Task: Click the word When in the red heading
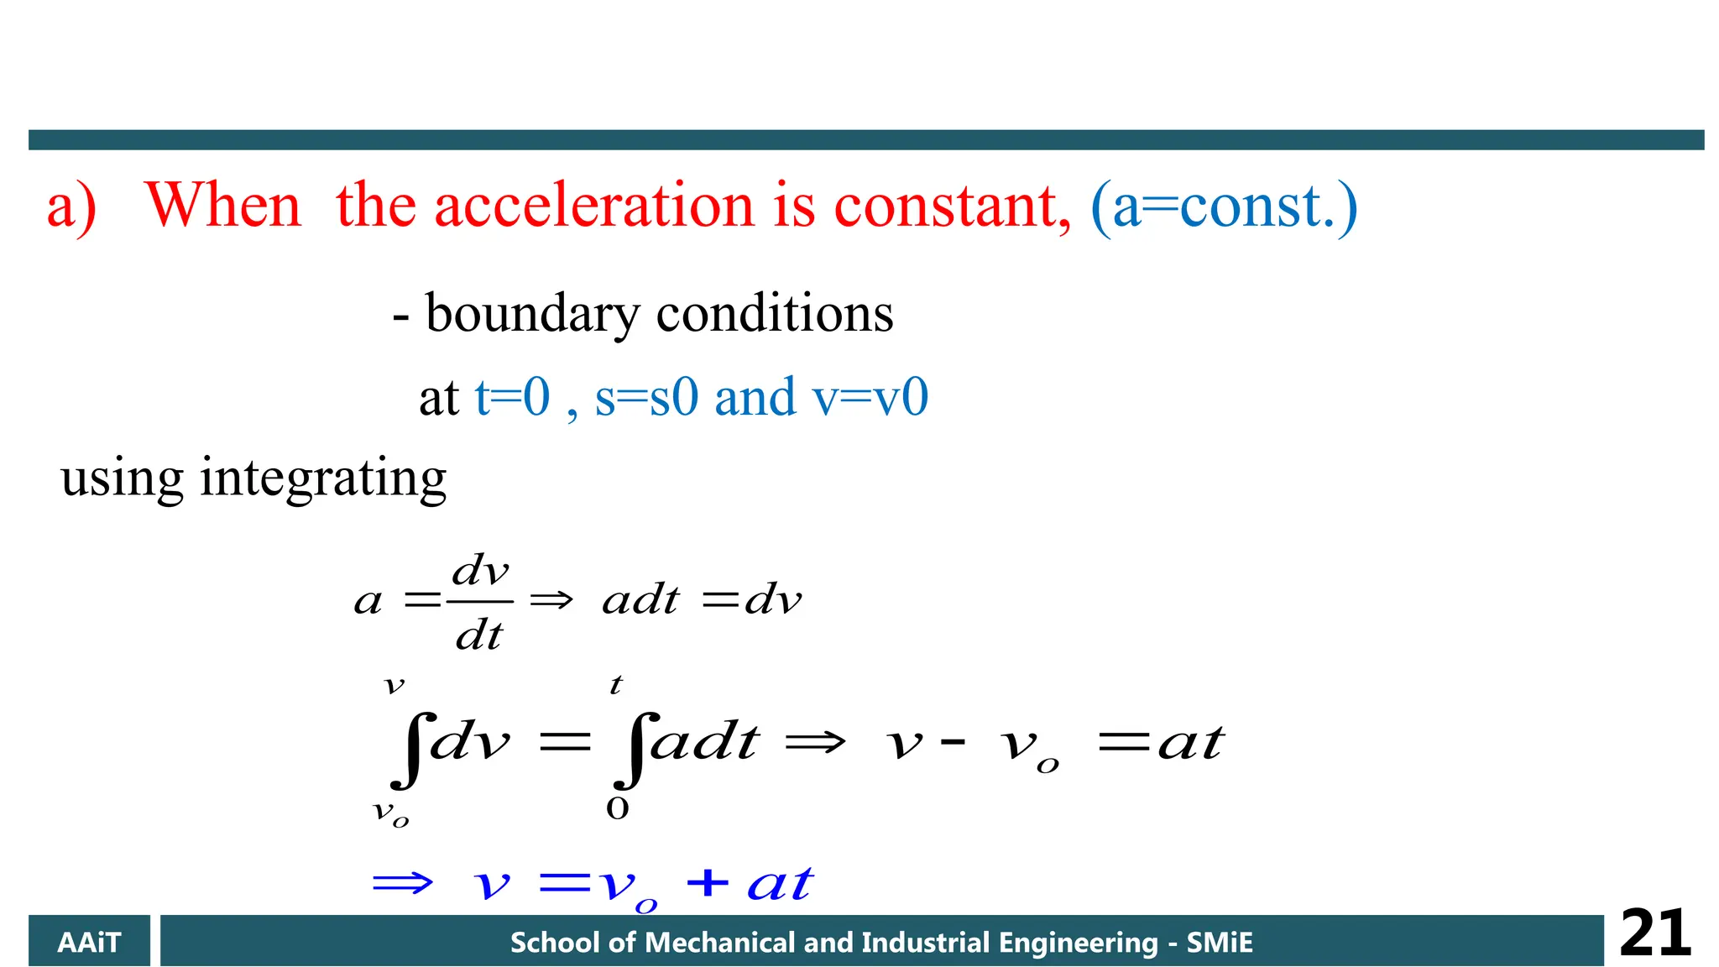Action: pos(222,206)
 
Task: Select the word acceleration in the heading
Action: pos(594,206)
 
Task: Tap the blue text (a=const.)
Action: pos(1223,207)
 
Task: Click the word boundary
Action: pos(532,315)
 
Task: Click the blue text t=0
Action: pos(512,397)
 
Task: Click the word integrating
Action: pos(323,478)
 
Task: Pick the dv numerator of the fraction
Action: pos(480,572)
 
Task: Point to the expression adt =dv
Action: pos(702,600)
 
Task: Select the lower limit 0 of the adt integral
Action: pos(617,808)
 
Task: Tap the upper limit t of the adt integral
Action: pos(616,685)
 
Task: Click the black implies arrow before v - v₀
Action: pos(814,742)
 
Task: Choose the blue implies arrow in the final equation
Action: pos(403,883)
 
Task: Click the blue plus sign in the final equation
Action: pos(707,882)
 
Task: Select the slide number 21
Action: pos(1654,933)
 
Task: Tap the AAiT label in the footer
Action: pos(89,943)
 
